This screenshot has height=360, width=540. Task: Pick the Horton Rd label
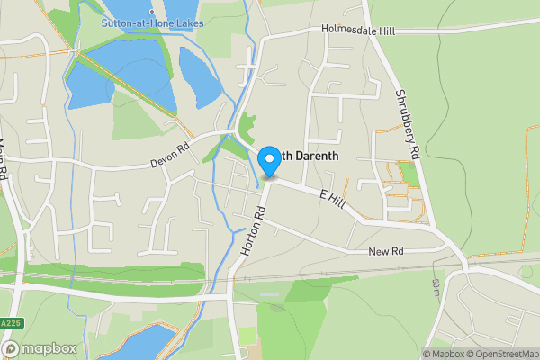[253, 231]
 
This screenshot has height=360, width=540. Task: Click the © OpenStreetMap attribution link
[501, 354]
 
